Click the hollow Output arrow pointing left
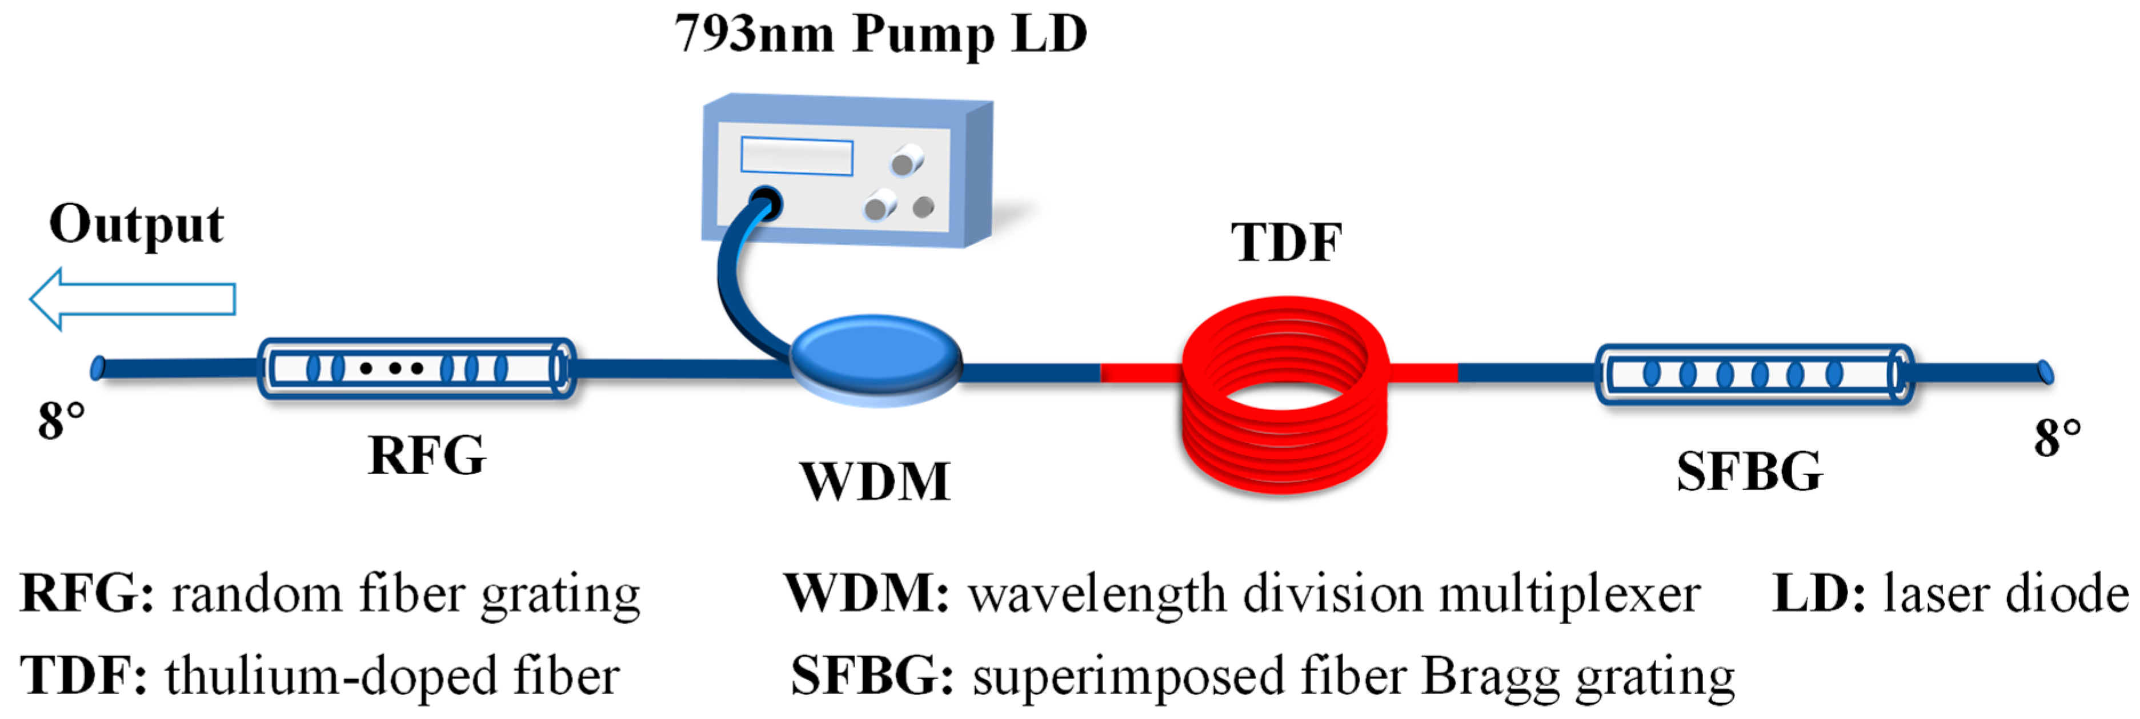[133, 299]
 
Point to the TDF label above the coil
[1286, 243]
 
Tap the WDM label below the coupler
[875, 481]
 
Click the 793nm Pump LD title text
[880, 35]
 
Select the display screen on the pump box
[797, 156]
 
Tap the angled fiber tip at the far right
[2045, 373]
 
